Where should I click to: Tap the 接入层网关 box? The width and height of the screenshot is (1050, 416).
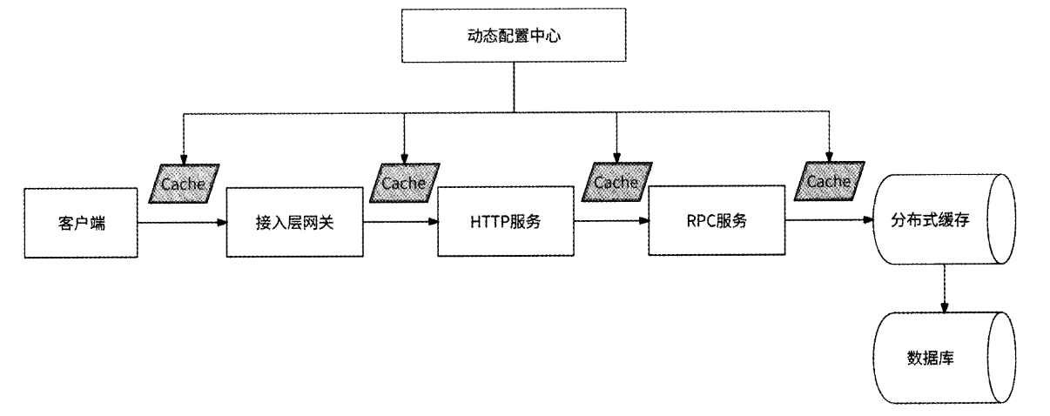[294, 221]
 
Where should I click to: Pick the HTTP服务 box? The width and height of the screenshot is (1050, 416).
[505, 221]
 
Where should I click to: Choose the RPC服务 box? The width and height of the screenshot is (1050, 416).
[717, 221]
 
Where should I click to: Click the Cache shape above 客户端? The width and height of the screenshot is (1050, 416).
[184, 185]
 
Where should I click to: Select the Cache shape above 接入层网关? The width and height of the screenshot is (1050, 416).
[404, 184]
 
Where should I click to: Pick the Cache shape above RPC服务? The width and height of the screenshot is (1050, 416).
[828, 182]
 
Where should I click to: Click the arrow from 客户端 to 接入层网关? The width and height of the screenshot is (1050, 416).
[181, 223]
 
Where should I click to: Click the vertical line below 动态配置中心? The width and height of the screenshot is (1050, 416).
[513, 87]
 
